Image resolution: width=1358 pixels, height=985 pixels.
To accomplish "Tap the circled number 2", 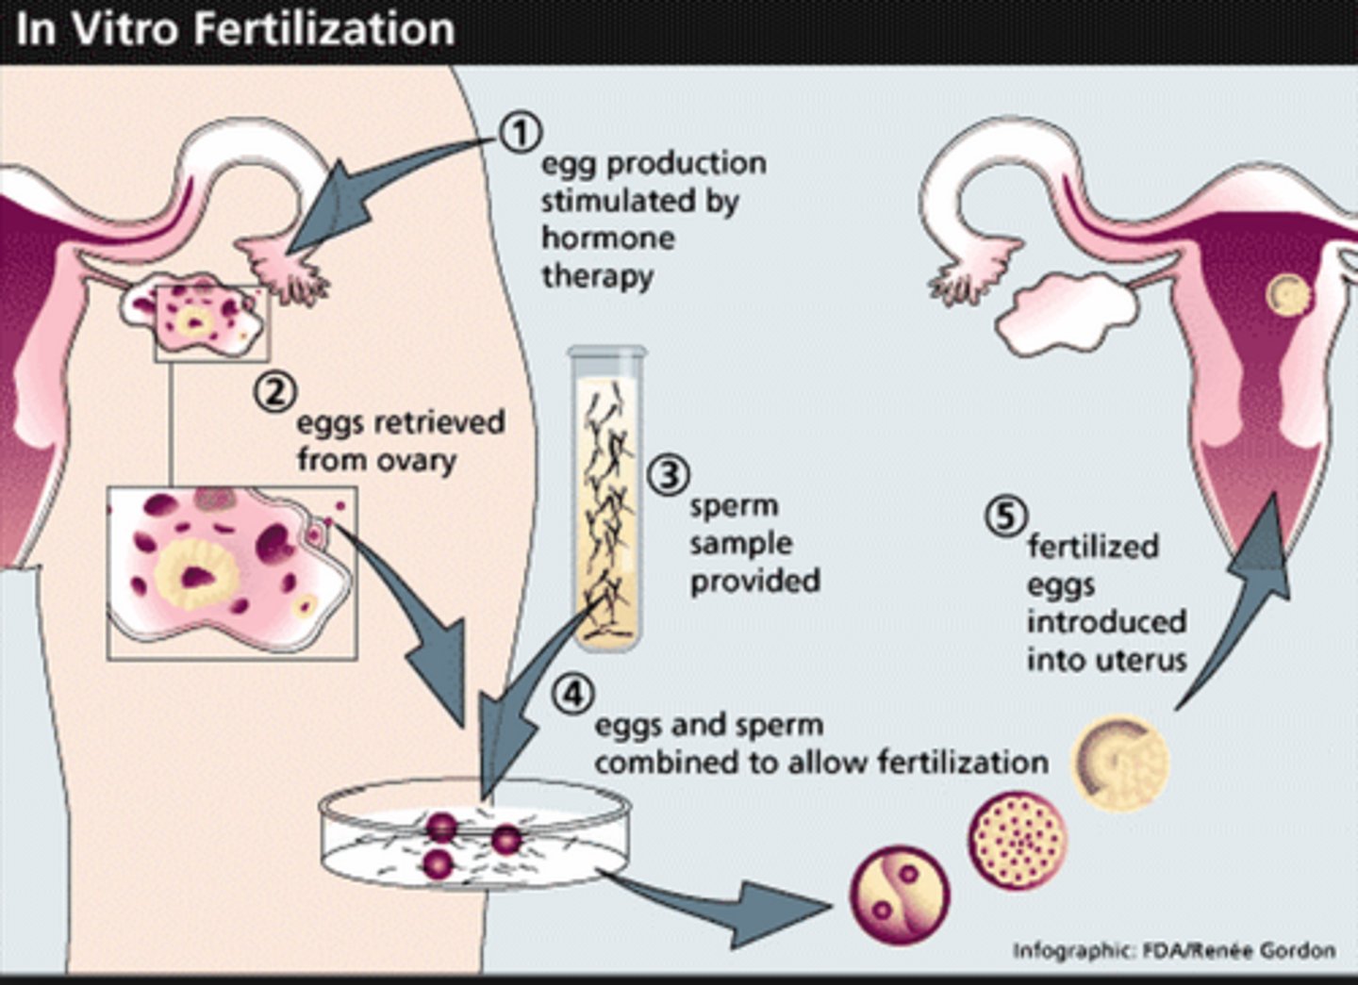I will point(275,391).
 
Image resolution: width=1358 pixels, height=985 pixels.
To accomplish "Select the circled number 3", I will point(669,474).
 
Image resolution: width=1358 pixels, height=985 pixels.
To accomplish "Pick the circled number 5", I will point(1004,517).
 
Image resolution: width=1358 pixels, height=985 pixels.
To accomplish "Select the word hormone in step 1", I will point(607,238).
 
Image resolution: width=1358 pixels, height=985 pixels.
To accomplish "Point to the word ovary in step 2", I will point(416,460).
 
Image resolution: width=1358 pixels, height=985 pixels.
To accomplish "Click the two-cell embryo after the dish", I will point(900,894).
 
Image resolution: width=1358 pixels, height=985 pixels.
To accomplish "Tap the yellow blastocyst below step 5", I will point(1120,763).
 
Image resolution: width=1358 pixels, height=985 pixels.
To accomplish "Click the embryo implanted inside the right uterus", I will point(1287,295).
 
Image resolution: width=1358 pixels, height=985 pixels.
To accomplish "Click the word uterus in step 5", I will point(1140,660).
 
